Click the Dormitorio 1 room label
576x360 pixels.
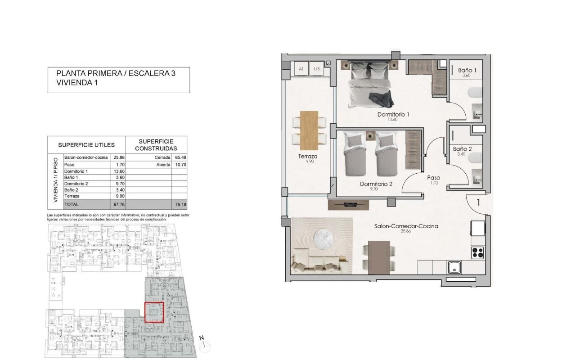pyautogui.click(x=393, y=114)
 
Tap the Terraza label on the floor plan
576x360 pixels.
pyautogui.click(x=308, y=157)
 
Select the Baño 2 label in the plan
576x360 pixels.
pyautogui.click(x=462, y=148)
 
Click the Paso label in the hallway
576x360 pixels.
pyautogui.click(x=433, y=178)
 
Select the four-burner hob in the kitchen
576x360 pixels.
pyautogui.click(x=477, y=252)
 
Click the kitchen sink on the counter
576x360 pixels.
pyautogui.click(x=454, y=268)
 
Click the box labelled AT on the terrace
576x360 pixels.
pyautogui.click(x=301, y=69)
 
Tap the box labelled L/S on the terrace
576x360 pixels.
pyautogui.click(x=316, y=69)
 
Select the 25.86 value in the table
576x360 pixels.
pyautogui.click(x=119, y=157)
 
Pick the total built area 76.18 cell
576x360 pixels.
pyautogui.click(x=179, y=204)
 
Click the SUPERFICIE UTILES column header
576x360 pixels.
pyautogui.click(x=86, y=145)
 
